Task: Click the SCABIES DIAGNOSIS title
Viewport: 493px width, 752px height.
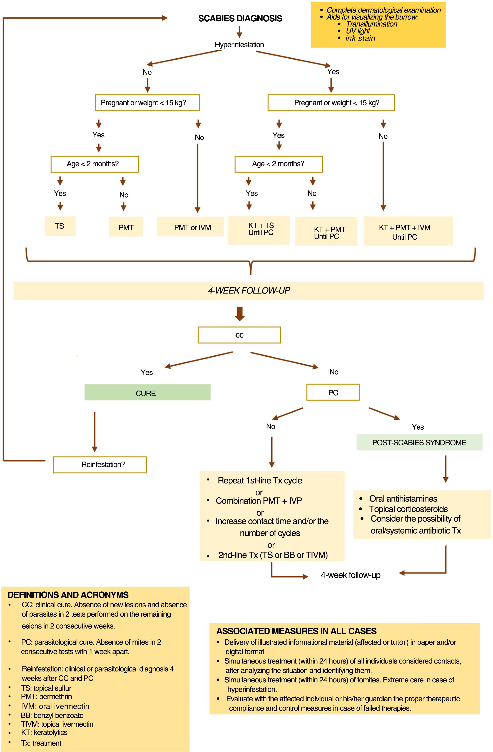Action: point(240,19)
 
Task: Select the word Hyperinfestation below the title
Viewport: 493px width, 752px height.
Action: point(239,45)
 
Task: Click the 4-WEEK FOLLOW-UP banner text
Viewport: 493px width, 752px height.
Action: point(249,291)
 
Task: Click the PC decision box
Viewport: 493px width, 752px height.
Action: point(333,393)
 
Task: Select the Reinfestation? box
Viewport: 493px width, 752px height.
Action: point(100,464)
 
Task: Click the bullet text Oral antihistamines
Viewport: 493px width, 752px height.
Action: point(403,499)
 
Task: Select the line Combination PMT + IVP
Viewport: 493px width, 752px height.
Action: point(259,501)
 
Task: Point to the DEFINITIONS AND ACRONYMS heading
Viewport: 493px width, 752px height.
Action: point(68,595)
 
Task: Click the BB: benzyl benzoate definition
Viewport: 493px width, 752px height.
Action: point(52,715)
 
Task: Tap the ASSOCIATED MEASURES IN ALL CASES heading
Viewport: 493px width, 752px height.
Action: point(297,631)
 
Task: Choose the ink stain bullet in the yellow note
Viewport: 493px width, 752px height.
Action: point(360,39)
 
